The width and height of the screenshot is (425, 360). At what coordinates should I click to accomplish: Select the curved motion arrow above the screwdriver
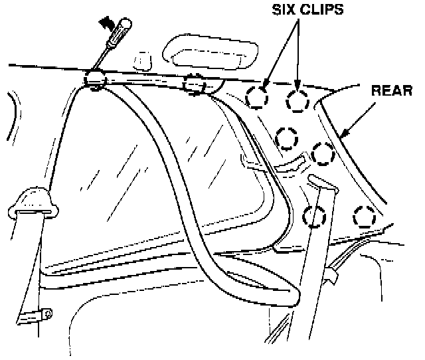(x=106, y=23)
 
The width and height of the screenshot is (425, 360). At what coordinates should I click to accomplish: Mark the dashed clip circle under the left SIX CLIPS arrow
(x=257, y=98)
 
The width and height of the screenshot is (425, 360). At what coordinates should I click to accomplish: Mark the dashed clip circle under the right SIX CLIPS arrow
(x=297, y=100)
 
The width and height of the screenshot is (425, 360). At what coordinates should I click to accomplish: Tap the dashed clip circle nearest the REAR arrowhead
(x=323, y=154)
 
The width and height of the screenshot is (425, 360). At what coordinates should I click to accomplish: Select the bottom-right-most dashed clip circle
(x=364, y=216)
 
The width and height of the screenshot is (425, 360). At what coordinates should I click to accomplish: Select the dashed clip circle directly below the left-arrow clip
(x=287, y=139)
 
